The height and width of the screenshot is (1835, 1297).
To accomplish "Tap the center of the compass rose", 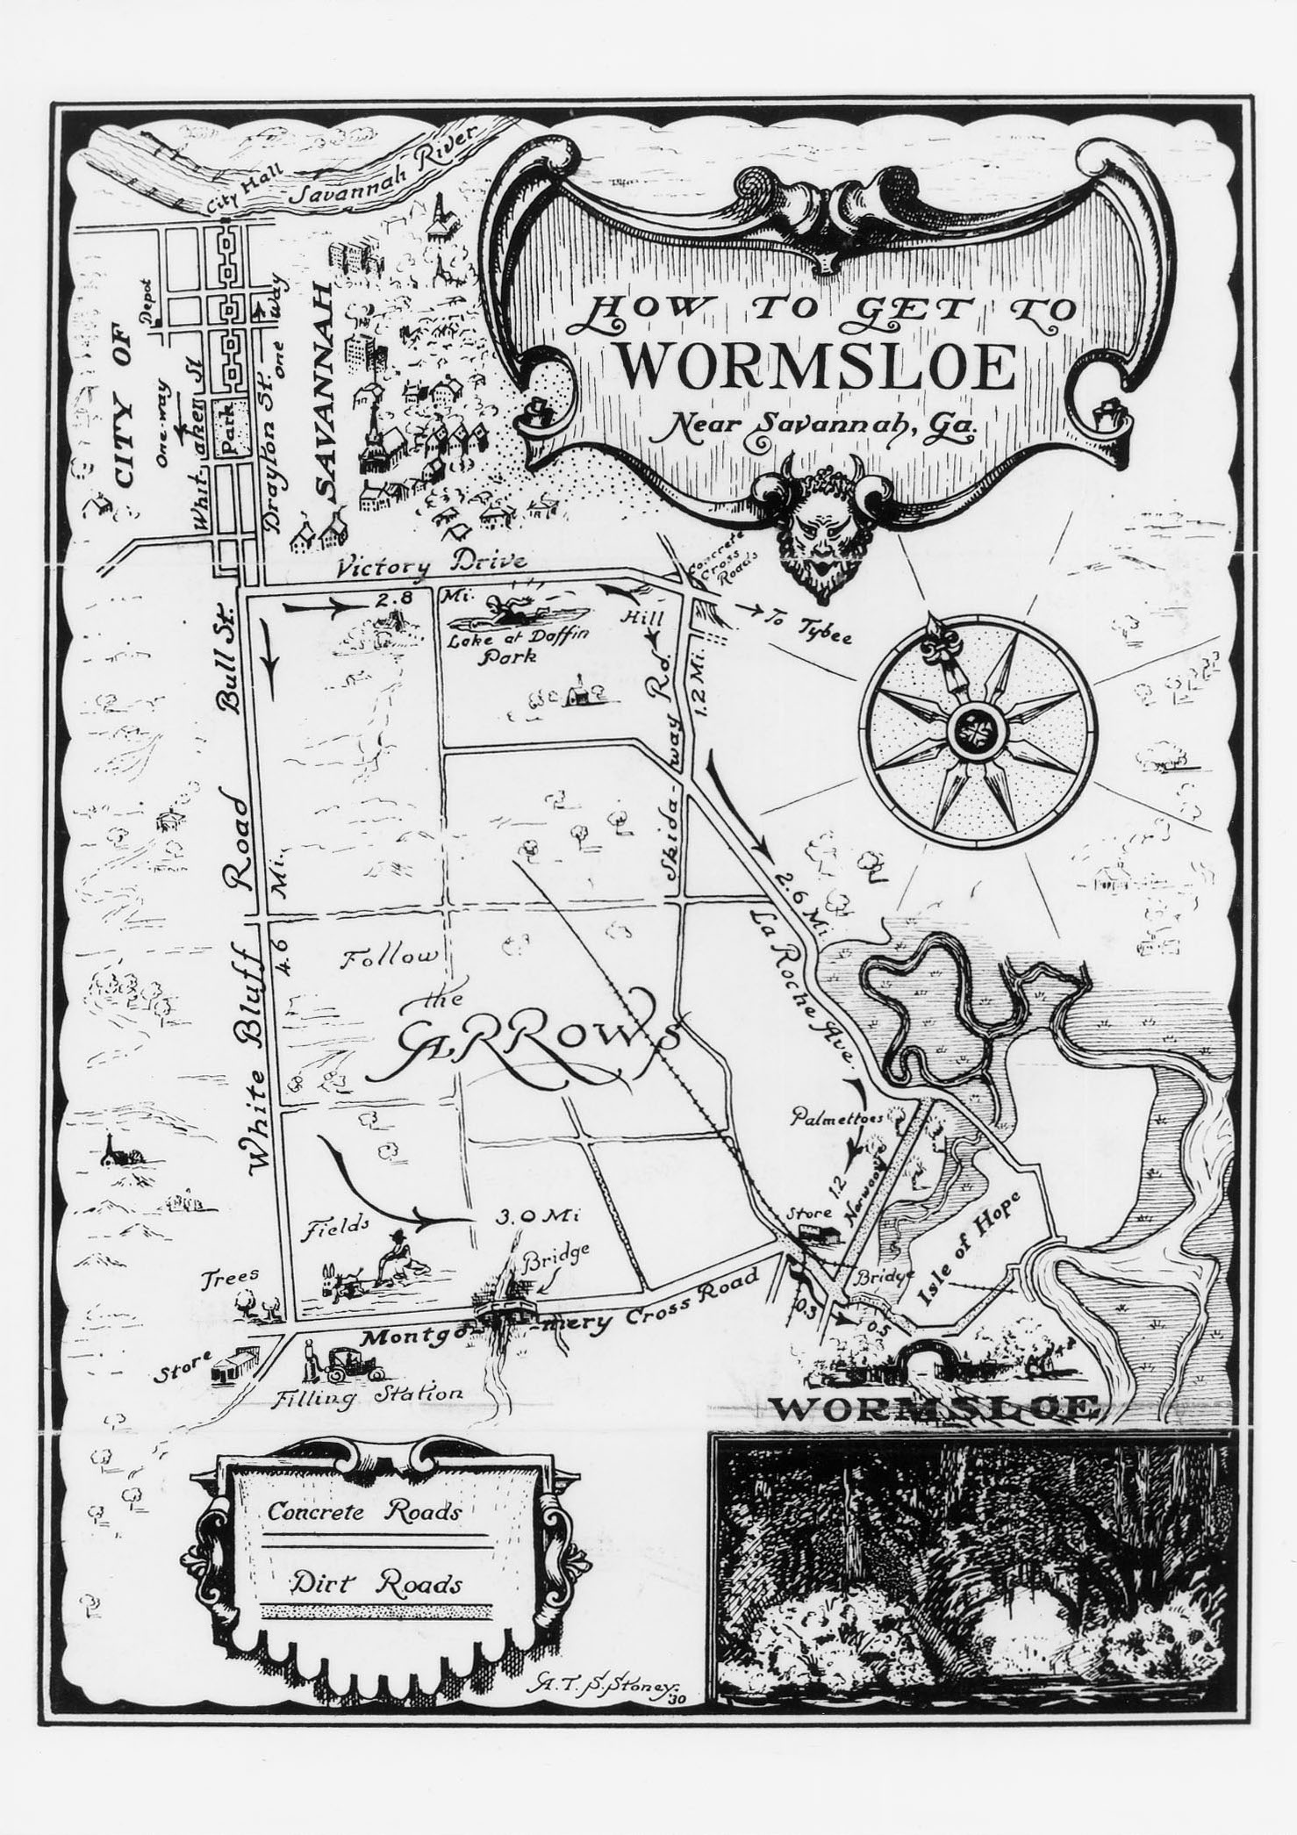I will click(974, 728).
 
